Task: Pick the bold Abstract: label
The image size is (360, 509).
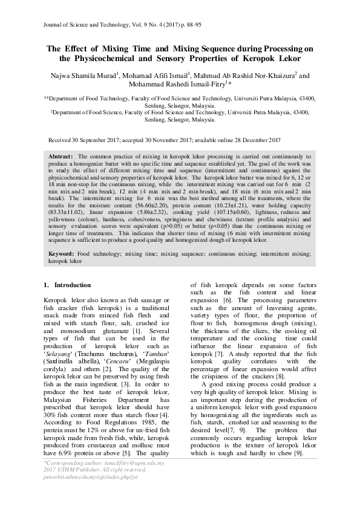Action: point(61,156)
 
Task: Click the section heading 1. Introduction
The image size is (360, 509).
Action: point(68,285)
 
